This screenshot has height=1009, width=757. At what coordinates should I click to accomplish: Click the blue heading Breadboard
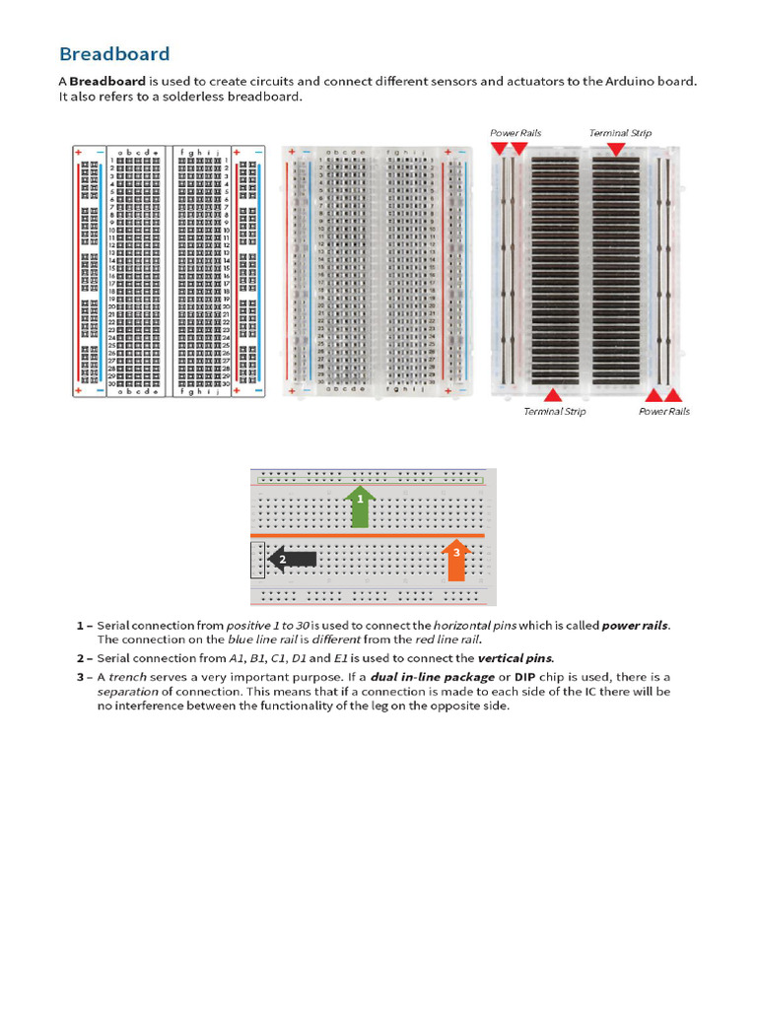point(114,54)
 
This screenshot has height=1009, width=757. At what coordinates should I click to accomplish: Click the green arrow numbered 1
point(361,504)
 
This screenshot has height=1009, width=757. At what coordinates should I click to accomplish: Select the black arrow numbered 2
point(293,559)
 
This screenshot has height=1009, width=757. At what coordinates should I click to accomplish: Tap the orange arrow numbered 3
point(455,558)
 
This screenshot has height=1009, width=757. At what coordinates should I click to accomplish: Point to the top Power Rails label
point(516,133)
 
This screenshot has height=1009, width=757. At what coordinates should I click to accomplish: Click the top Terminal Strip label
point(620,133)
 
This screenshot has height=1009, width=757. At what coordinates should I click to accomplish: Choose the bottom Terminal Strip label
point(554,412)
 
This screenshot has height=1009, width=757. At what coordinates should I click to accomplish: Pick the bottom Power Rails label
point(664,412)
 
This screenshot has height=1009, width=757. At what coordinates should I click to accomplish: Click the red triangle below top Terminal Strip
point(616,149)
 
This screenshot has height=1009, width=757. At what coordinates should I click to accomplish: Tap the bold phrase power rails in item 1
point(635,626)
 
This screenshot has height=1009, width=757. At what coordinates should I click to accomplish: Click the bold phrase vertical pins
point(516,657)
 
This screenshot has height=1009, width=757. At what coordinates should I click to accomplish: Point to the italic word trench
point(127,677)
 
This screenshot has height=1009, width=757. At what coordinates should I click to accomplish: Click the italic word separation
point(127,692)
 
